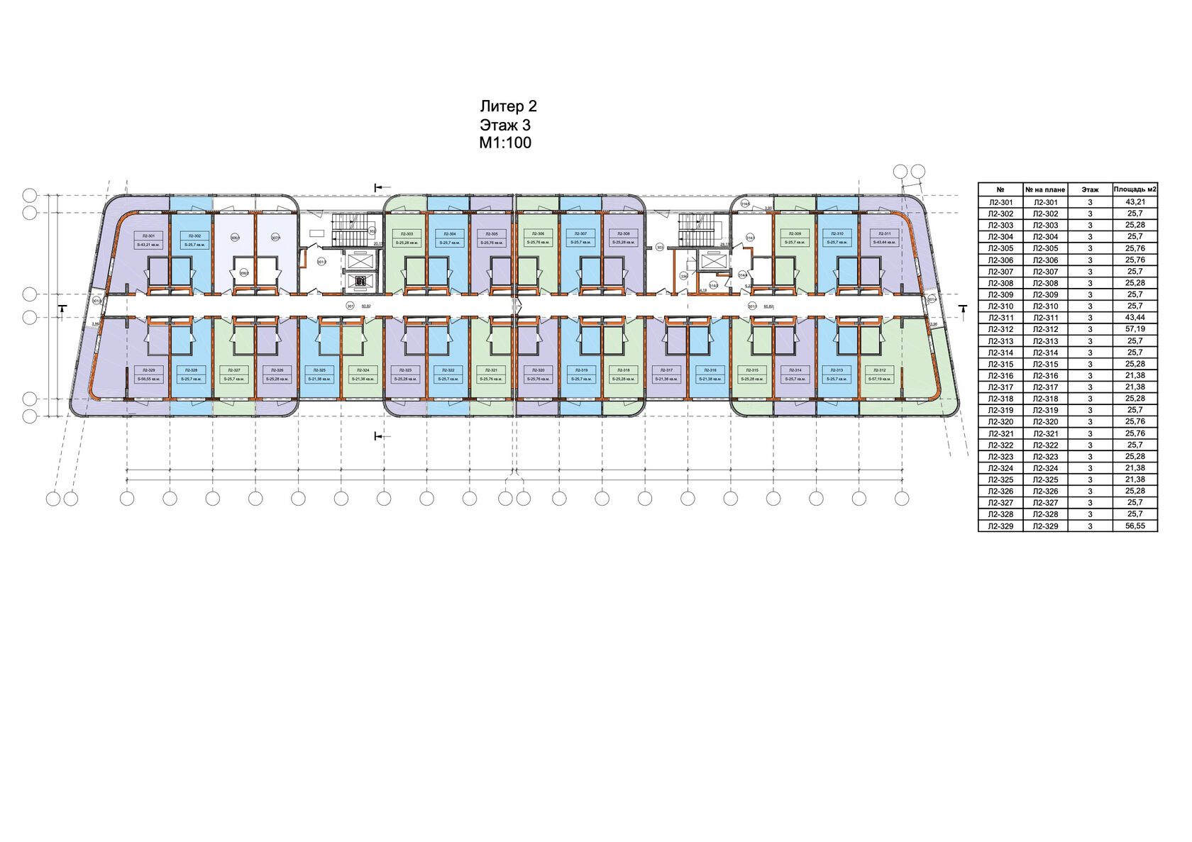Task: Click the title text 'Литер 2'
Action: pyautogui.click(x=508, y=107)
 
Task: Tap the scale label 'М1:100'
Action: pyautogui.click(x=505, y=143)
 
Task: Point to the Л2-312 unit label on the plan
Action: pyautogui.click(x=881, y=370)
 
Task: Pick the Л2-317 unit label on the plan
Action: pyautogui.click(x=666, y=370)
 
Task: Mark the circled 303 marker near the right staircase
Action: pyautogui.click(x=660, y=248)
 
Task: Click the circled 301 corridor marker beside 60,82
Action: pyautogui.click(x=349, y=306)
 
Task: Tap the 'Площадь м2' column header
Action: pyautogui.click(x=1135, y=189)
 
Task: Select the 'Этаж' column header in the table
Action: pyautogui.click(x=1090, y=189)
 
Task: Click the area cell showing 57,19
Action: pyautogui.click(x=1135, y=329)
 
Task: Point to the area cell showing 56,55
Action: pyautogui.click(x=1135, y=526)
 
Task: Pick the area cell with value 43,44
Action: pyautogui.click(x=1135, y=318)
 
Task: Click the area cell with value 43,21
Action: pyautogui.click(x=1135, y=202)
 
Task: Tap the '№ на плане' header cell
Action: pyautogui.click(x=1045, y=189)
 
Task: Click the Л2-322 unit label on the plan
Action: pyautogui.click(x=449, y=370)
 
